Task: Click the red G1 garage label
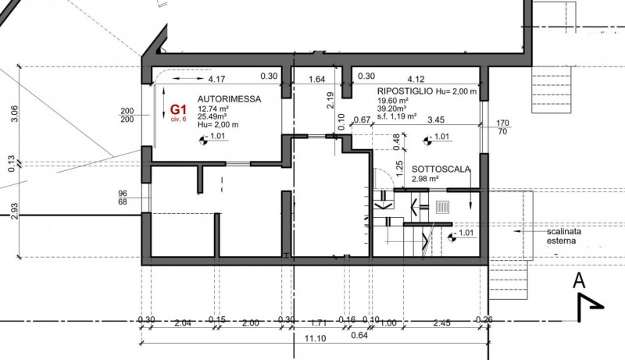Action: [x=178, y=109]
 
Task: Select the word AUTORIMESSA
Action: [x=229, y=99]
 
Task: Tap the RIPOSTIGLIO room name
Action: [x=405, y=91]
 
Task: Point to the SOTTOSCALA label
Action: [x=441, y=169]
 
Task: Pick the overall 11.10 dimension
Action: [x=315, y=339]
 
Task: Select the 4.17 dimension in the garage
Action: [x=216, y=79]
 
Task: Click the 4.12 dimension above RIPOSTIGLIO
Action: [x=416, y=79]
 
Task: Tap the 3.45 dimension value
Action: [x=436, y=119]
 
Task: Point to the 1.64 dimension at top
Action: [x=317, y=79]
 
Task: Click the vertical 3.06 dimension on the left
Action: [x=13, y=113]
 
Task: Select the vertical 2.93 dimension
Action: [x=14, y=211]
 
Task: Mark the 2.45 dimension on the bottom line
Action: [x=441, y=323]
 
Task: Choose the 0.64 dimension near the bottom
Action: [x=359, y=335]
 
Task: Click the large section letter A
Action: [x=579, y=280]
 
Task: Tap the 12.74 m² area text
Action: [x=212, y=109]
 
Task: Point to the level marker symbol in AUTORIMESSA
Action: [x=203, y=140]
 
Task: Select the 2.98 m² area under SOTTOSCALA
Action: [x=425, y=179]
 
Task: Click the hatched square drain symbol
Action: [x=441, y=207]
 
